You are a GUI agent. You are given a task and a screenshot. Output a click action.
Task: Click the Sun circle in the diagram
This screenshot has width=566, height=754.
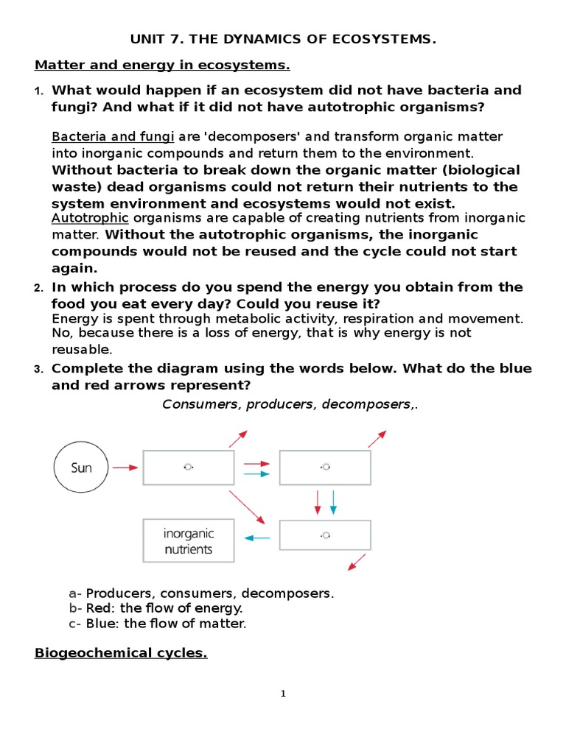tap(81, 468)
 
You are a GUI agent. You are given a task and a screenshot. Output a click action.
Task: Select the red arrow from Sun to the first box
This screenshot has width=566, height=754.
tap(125, 467)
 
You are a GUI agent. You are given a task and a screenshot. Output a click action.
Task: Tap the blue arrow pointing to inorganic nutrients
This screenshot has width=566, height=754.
tap(256, 538)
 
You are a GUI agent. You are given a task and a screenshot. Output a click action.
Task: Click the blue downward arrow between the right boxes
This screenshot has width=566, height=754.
tap(333, 502)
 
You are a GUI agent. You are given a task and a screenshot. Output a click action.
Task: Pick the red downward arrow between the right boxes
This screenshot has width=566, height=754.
tap(318, 502)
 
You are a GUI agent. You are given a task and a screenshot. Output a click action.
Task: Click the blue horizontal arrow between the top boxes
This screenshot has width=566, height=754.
tap(256, 474)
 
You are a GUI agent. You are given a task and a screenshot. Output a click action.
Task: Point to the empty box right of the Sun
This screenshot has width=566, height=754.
tap(189, 467)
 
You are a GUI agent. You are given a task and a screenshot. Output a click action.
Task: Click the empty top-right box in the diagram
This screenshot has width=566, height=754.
tap(325, 467)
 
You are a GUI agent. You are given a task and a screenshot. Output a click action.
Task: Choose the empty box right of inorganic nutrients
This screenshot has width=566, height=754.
tap(325, 535)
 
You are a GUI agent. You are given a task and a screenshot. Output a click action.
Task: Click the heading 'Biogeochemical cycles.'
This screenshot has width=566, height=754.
tap(121, 653)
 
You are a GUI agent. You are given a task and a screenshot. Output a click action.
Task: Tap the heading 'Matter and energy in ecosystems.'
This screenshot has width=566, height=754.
tap(162, 66)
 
